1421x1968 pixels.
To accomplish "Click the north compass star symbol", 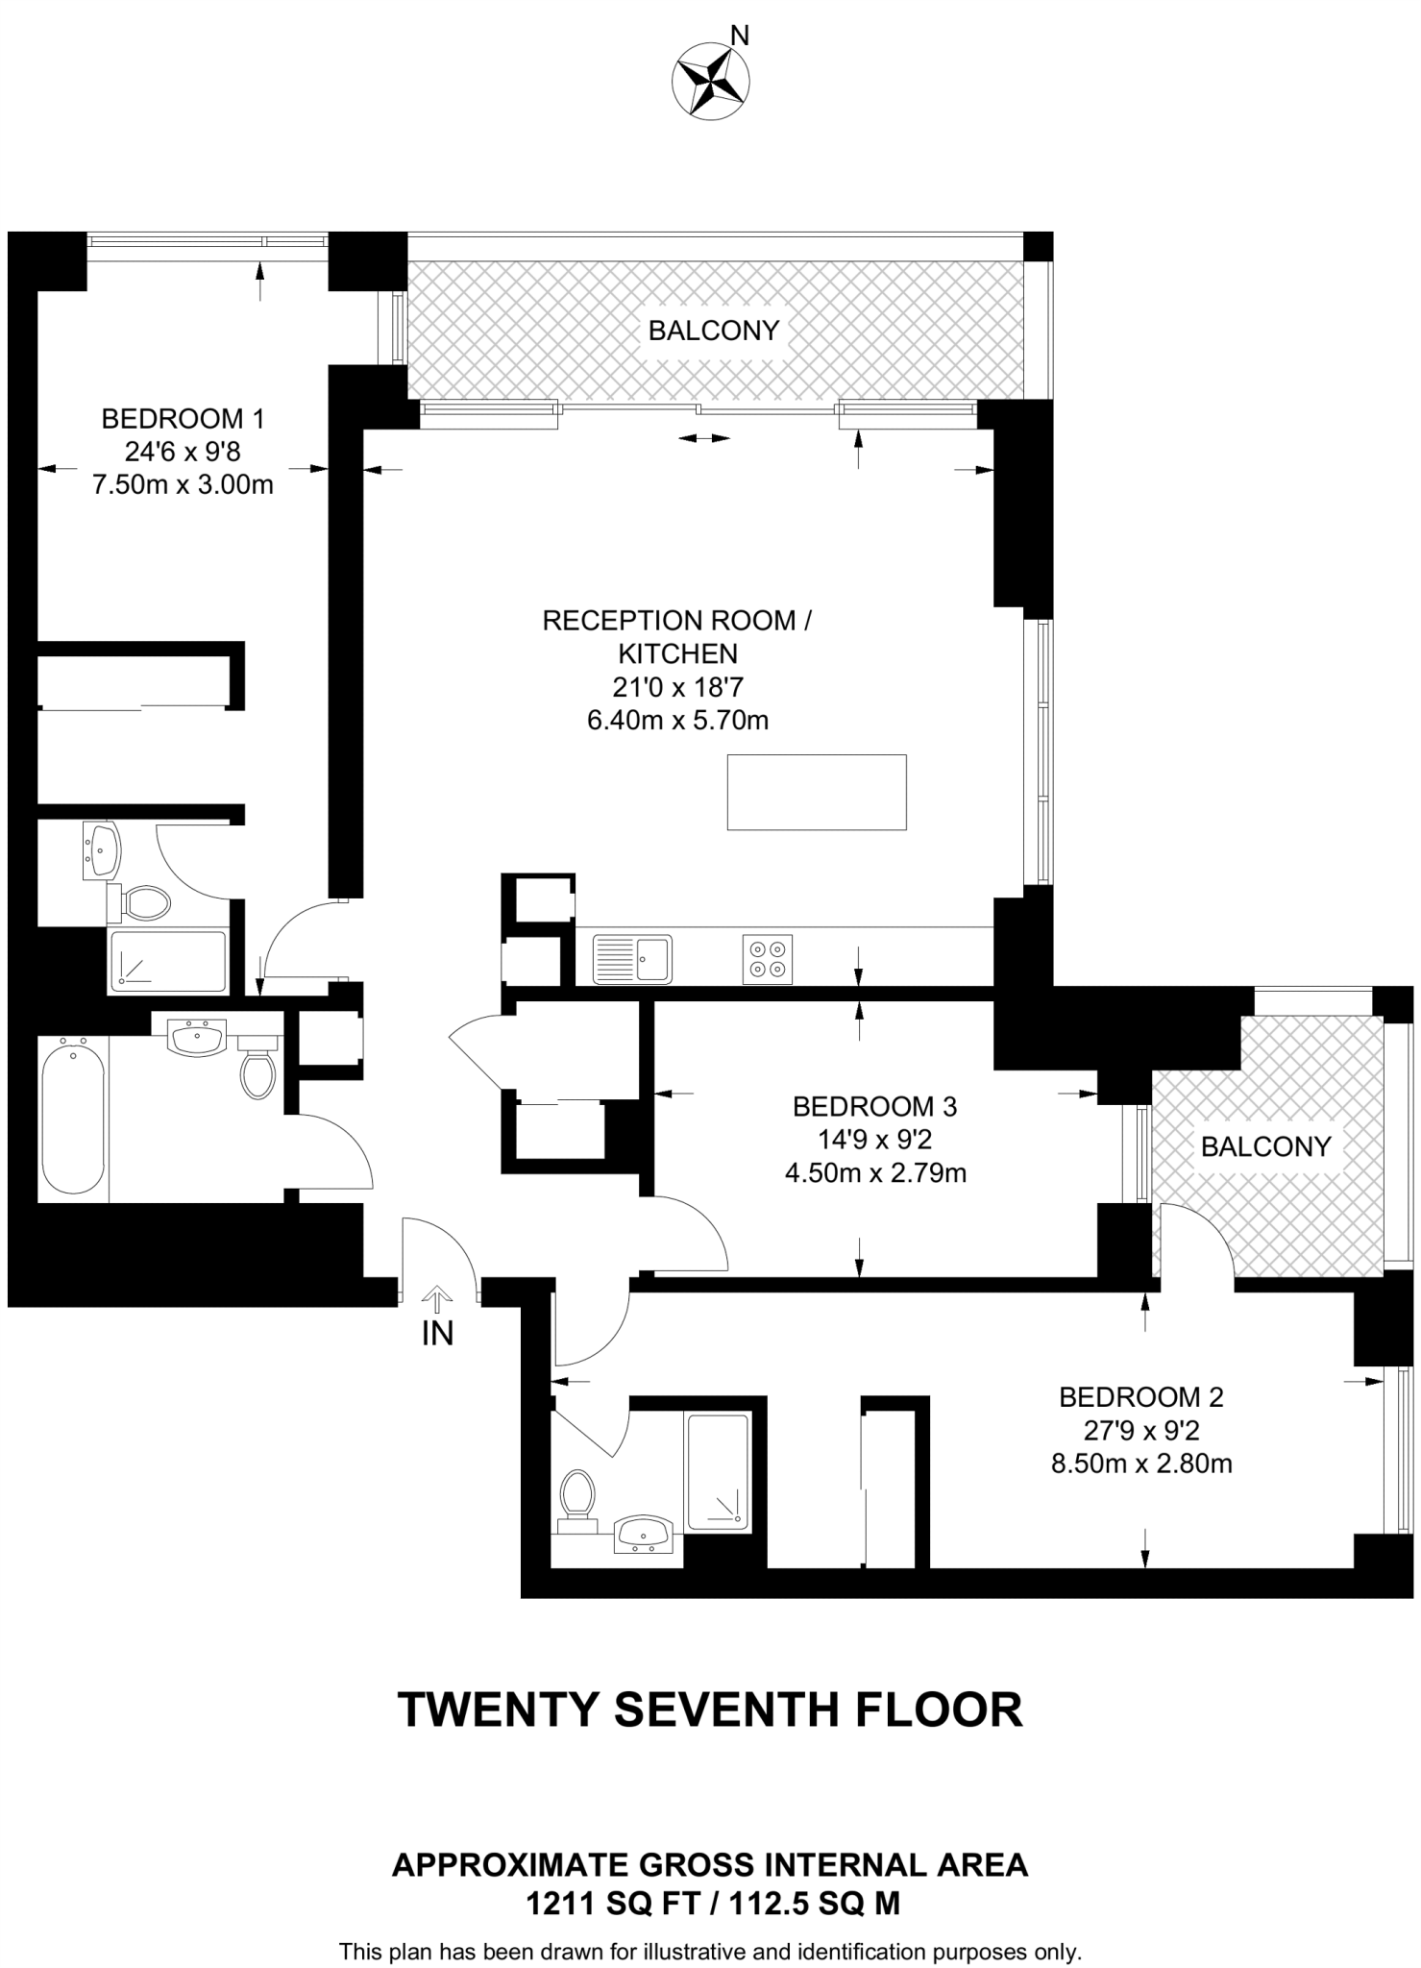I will [x=711, y=82].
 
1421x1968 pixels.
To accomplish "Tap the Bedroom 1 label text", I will [x=183, y=419].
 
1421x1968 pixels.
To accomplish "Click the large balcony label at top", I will [x=713, y=331].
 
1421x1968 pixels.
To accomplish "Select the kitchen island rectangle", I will [x=817, y=792].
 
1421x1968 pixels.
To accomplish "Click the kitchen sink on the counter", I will [x=633, y=959].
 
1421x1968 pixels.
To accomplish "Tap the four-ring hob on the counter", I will [x=768, y=959].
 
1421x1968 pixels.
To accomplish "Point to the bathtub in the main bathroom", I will [x=72, y=1119].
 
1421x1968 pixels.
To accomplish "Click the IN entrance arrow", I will [x=437, y=1301].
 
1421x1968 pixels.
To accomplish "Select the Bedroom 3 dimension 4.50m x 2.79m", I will [x=875, y=1173].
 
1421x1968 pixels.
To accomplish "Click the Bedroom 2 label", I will [x=1141, y=1397].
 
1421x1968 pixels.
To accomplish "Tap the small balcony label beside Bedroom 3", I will [x=1265, y=1146].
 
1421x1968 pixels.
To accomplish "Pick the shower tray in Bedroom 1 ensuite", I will [x=168, y=962].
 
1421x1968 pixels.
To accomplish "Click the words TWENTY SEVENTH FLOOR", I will [x=710, y=1710].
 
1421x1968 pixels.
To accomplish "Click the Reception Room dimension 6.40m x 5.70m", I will [x=677, y=721].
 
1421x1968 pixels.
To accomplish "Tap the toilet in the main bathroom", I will [x=257, y=1067].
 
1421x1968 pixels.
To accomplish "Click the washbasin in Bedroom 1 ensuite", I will [x=101, y=849].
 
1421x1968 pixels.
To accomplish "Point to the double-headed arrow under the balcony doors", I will [x=704, y=439].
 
